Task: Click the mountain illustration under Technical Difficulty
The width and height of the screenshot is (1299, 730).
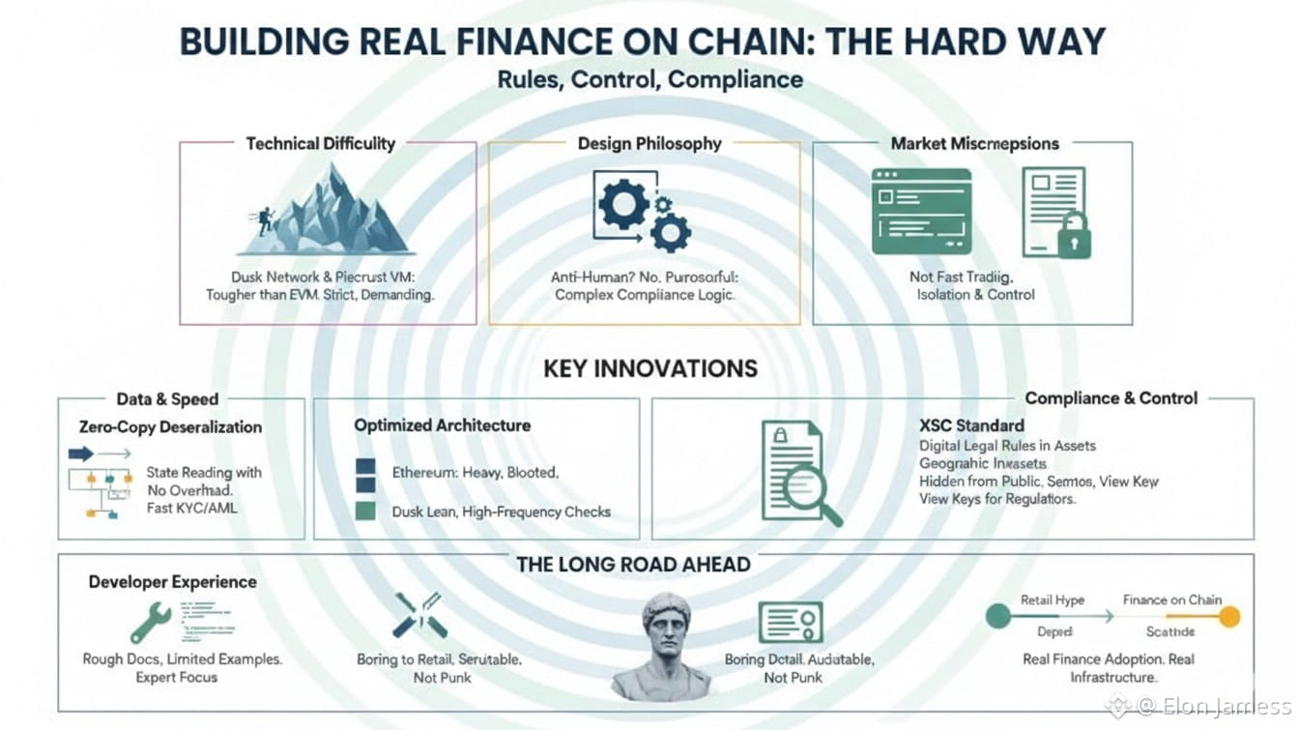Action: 333,213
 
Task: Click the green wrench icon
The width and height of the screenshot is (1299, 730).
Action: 151,623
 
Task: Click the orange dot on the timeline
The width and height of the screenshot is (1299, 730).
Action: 1229,617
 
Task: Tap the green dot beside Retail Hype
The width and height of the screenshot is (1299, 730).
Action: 998,616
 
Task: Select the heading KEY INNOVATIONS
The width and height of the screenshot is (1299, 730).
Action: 649,368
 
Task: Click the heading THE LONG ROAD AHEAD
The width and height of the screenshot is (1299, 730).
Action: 633,565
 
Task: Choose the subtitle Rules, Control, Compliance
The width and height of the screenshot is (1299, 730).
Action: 649,78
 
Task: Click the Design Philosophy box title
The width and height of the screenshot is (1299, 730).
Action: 649,143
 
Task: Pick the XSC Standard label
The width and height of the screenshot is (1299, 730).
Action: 971,424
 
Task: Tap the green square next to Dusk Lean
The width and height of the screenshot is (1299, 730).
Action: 365,511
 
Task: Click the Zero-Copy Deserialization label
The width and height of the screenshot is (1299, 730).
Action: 170,426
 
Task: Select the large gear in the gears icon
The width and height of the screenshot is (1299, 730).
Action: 622,203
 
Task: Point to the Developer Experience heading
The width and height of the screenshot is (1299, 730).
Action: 172,581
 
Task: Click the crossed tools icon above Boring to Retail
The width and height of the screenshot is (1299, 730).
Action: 419,615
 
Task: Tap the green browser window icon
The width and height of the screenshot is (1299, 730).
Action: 921,212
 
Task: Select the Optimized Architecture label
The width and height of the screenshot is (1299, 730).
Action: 442,424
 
